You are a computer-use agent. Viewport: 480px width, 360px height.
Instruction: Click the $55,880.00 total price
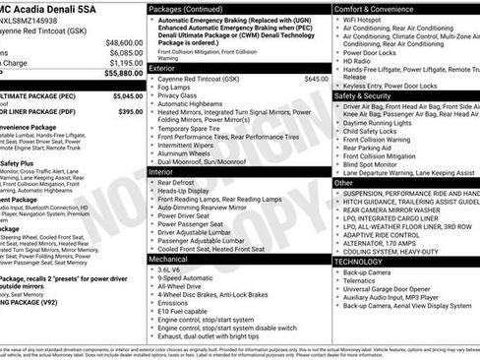tap(119, 73)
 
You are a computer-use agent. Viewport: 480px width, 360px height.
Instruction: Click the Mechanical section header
tap(171, 260)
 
